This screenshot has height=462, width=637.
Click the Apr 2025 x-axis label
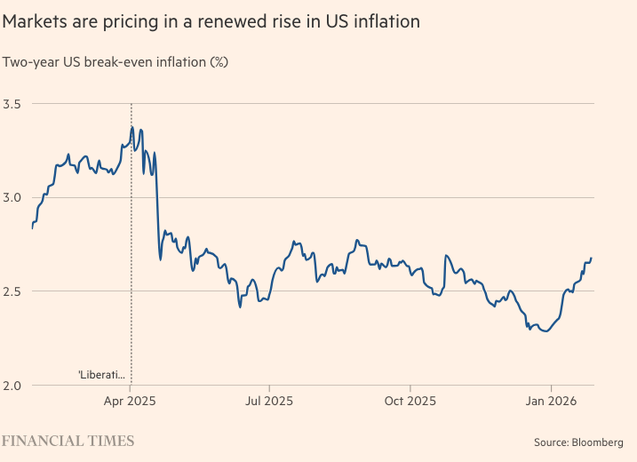tap(131, 401)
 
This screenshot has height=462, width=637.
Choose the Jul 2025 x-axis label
tap(268, 401)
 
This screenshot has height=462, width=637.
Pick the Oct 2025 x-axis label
tap(410, 401)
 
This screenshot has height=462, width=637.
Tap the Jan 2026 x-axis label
tap(551, 401)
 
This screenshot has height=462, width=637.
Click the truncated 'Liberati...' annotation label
tap(102, 375)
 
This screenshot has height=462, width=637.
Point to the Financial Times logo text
tap(68, 441)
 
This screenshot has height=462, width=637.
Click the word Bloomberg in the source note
tap(598, 442)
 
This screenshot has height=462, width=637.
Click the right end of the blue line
tap(592, 258)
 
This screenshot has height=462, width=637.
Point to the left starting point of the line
tap(32, 228)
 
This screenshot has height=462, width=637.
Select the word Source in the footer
tap(551, 442)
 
